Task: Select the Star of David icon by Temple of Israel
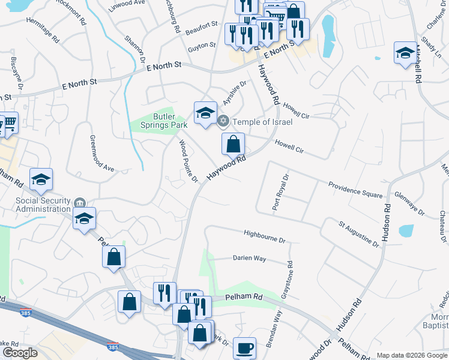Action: (x=223, y=122)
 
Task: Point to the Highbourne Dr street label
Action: (x=265, y=236)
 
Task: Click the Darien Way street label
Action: (x=249, y=258)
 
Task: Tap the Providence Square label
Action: (x=355, y=190)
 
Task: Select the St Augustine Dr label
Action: (x=358, y=235)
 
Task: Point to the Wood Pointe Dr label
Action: (x=188, y=161)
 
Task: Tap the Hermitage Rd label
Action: (x=43, y=29)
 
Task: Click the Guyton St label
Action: (x=201, y=46)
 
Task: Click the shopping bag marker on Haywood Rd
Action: (x=233, y=144)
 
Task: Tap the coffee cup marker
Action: (x=244, y=348)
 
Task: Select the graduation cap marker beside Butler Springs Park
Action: (x=205, y=113)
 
